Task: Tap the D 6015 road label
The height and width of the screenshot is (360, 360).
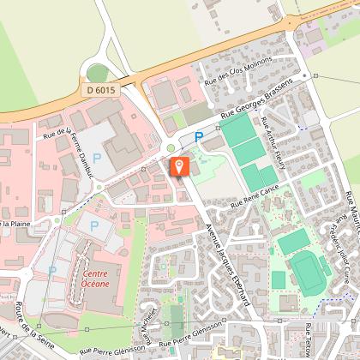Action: click(x=102, y=89)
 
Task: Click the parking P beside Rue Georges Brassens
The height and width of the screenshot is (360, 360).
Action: click(x=199, y=135)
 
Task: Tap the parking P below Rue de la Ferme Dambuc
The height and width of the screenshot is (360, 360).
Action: click(x=97, y=158)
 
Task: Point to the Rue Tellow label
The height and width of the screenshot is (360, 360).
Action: click(x=309, y=339)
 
